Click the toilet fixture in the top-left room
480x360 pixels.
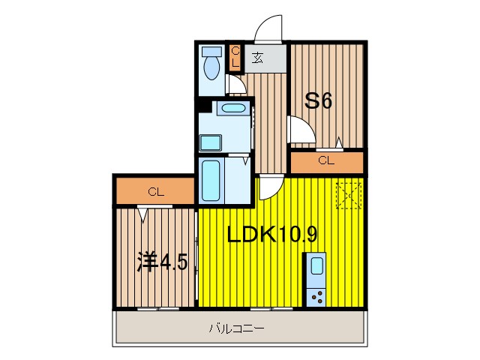[x=212, y=64]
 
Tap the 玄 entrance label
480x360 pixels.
[x=257, y=58]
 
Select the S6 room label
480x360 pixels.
[x=318, y=101]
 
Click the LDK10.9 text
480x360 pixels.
[x=271, y=235]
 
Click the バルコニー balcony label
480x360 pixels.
[x=236, y=328]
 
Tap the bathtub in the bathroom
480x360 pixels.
[x=211, y=179]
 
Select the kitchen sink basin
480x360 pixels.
[x=316, y=266]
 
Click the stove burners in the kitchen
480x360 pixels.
[x=316, y=296]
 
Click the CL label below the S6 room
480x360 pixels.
[x=325, y=160]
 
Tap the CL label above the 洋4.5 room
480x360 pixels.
[x=155, y=191]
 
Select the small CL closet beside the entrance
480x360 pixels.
[x=235, y=57]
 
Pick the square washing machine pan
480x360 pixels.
[x=211, y=142]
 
